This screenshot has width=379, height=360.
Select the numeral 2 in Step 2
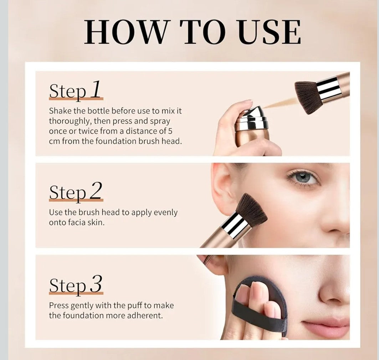[96, 191]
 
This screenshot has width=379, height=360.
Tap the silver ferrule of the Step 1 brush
[329, 88]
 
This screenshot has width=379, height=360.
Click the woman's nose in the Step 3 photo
[333, 289]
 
